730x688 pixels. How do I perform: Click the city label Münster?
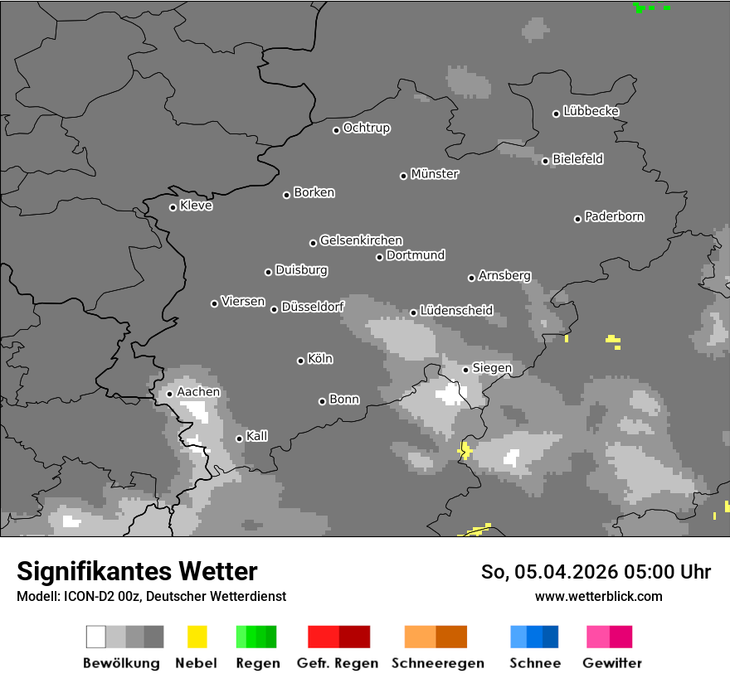point(435,174)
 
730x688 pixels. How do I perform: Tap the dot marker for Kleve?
point(173,207)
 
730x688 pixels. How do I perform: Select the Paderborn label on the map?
point(614,216)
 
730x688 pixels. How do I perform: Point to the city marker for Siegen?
point(465,370)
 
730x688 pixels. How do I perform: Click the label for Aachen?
point(198,391)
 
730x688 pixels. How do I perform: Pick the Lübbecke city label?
point(591,111)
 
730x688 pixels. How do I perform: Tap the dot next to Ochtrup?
point(336,129)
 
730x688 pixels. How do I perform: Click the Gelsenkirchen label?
point(361,240)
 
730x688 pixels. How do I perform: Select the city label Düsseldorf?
point(313,307)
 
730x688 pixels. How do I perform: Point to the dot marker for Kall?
point(239,438)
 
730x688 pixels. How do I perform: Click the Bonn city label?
point(344,400)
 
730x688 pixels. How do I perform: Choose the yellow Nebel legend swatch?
point(197,637)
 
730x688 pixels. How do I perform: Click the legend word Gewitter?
point(612,663)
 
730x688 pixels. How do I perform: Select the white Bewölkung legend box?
point(96,637)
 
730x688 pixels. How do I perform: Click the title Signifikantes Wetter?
point(137,571)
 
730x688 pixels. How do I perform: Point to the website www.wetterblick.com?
point(599,596)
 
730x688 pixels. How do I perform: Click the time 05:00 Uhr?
point(664,572)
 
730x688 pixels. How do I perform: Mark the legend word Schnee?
point(535,663)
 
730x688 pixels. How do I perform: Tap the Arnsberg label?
point(504,275)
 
